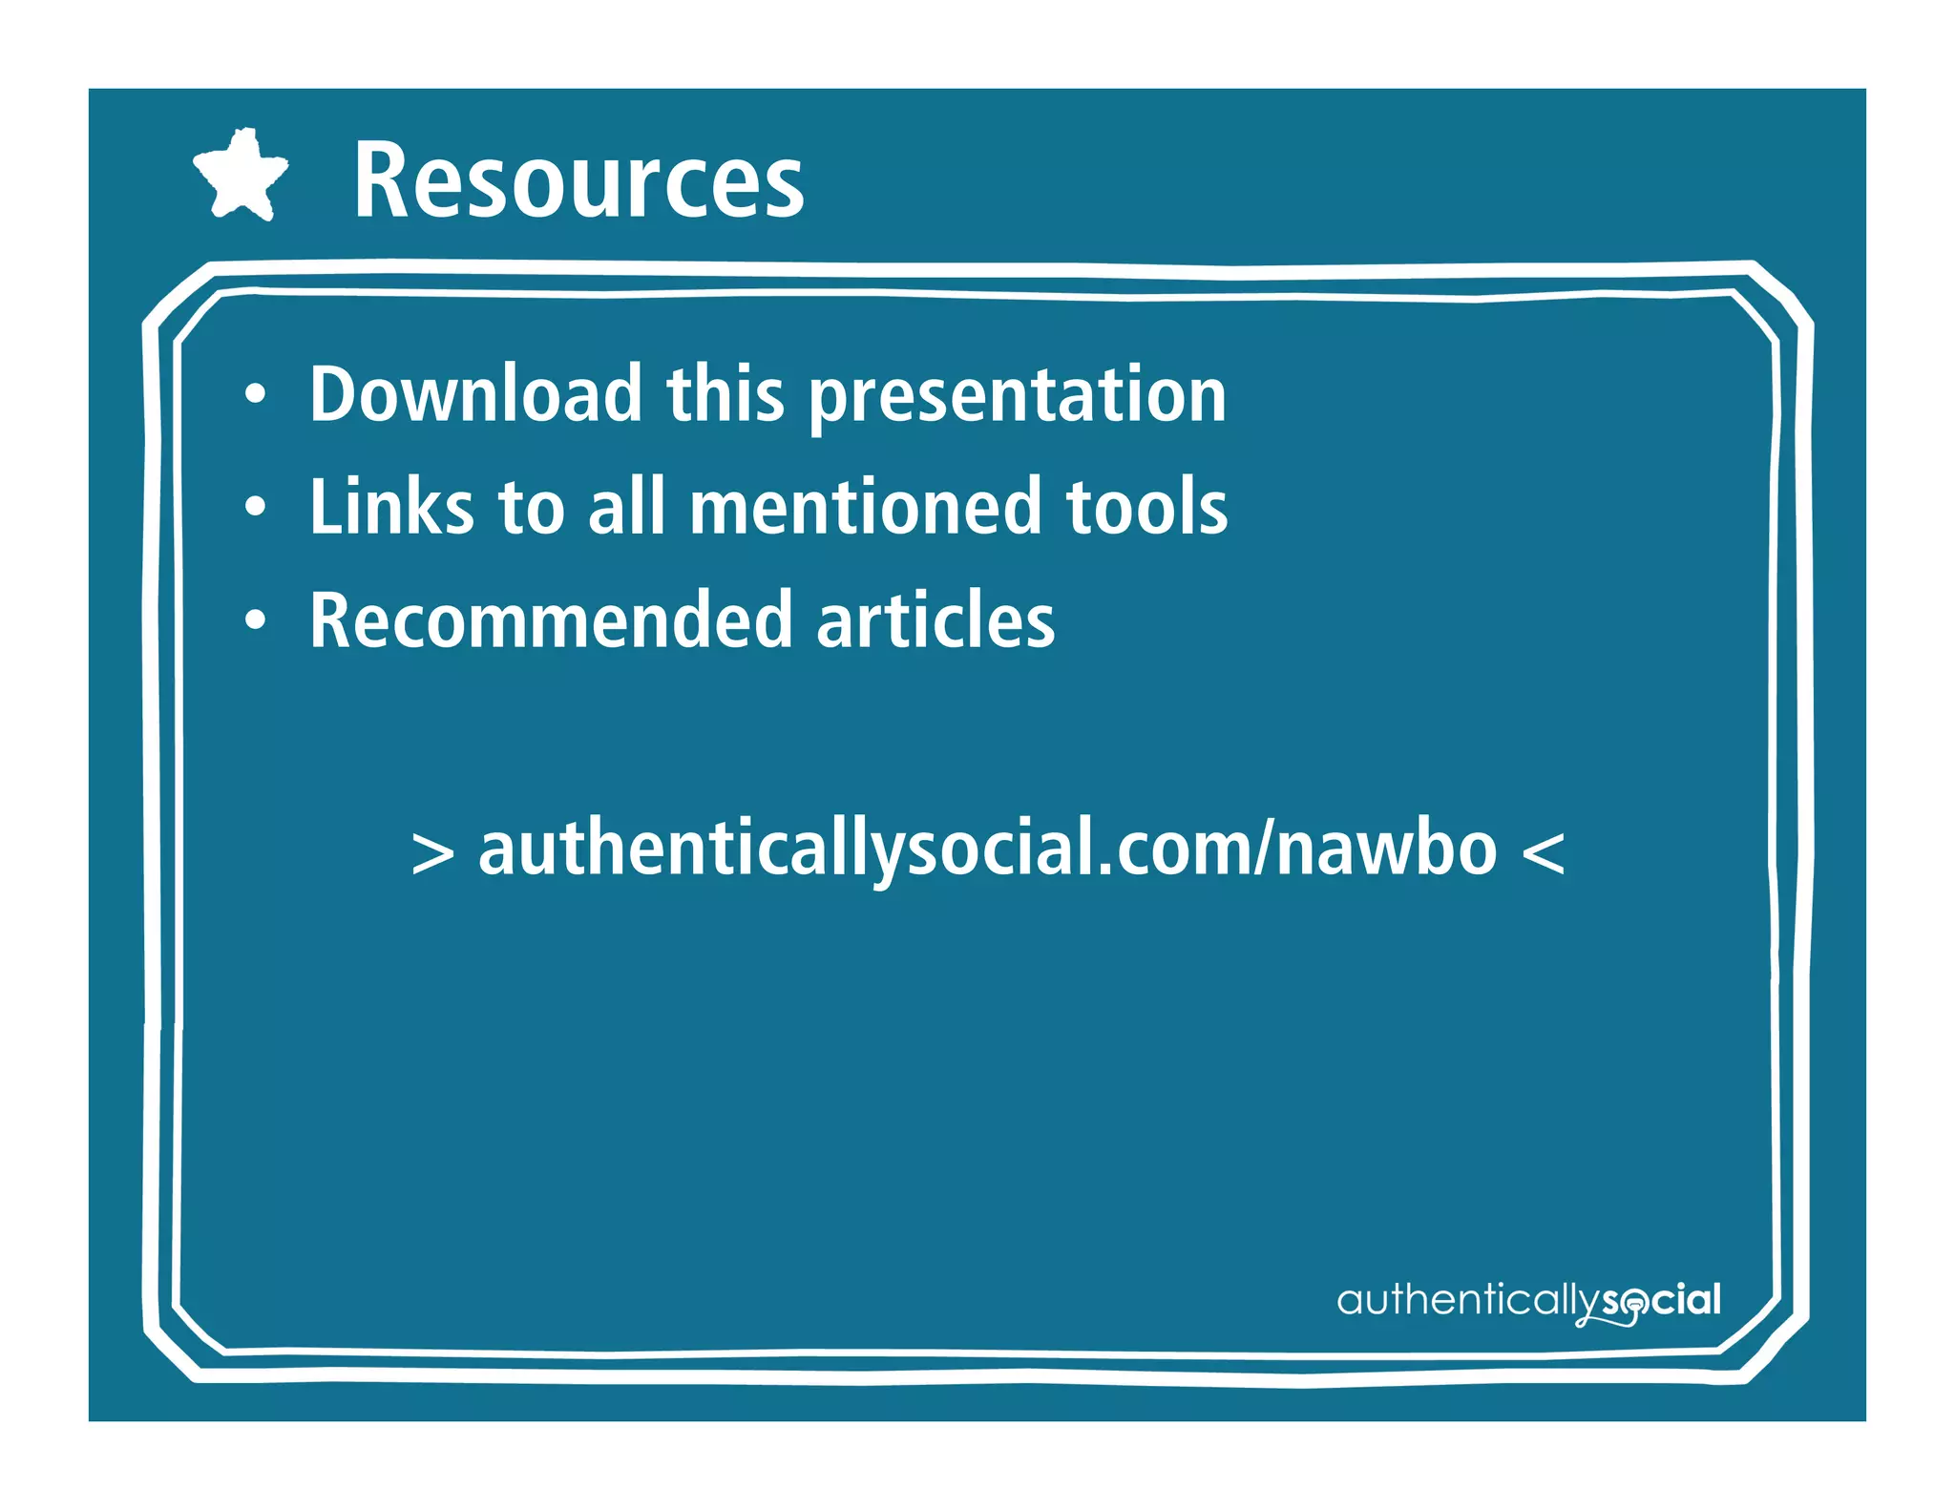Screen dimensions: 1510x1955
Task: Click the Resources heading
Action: point(578,179)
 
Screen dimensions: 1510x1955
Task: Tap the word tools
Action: point(1146,506)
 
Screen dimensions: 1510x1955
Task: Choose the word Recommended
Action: point(551,620)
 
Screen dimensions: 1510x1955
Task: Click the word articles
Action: point(935,620)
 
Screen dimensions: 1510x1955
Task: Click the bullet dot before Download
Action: point(255,394)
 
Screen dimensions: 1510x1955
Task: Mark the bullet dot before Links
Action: point(255,507)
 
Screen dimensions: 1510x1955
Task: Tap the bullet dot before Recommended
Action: point(255,621)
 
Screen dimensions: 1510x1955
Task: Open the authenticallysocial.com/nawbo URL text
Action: point(987,849)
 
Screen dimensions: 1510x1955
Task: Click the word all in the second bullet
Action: point(625,506)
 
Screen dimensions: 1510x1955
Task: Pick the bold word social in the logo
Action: point(1662,1300)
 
